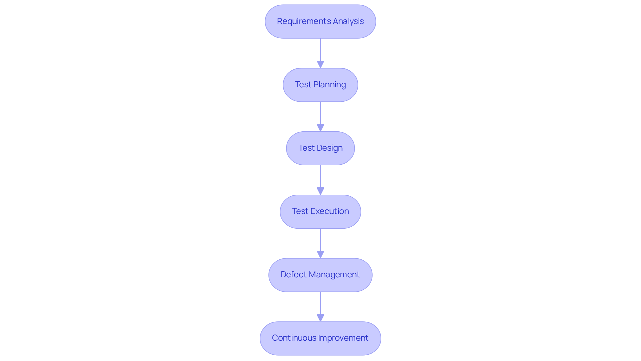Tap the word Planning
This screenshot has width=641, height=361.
click(329, 85)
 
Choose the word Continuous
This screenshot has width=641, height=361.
click(294, 338)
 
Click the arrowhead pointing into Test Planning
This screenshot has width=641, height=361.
click(320, 64)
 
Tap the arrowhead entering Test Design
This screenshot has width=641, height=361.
click(320, 128)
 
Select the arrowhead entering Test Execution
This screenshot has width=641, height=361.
click(320, 191)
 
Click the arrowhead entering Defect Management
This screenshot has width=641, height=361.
click(320, 254)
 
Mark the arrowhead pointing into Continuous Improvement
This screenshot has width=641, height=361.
click(320, 318)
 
